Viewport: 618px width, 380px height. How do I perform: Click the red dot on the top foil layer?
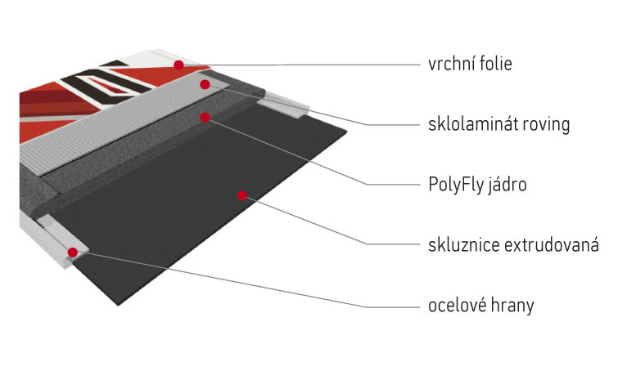tap(178, 65)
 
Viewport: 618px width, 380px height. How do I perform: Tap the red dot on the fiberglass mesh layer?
tap(205, 84)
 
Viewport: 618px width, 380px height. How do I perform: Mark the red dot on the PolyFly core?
tap(205, 117)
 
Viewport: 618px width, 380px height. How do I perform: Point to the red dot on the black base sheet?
tap(242, 195)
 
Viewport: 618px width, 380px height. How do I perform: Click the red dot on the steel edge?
tap(73, 253)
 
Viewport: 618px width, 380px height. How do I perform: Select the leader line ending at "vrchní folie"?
tap(299, 65)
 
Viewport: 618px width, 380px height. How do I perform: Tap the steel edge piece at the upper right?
tap(283, 105)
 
